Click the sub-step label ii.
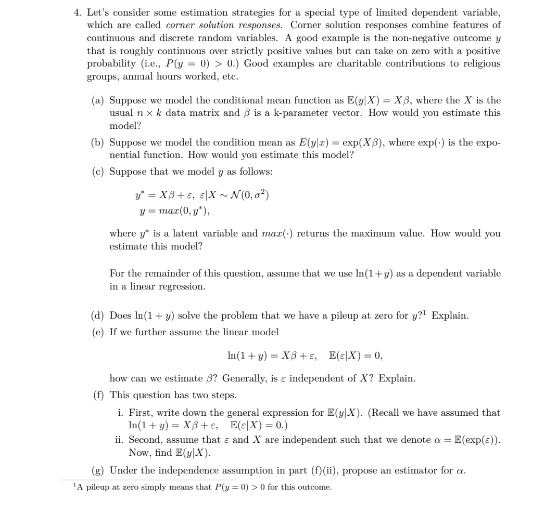pyautogui.click(x=119, y=438)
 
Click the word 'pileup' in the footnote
pyautogui.click(x=95, y=488)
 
